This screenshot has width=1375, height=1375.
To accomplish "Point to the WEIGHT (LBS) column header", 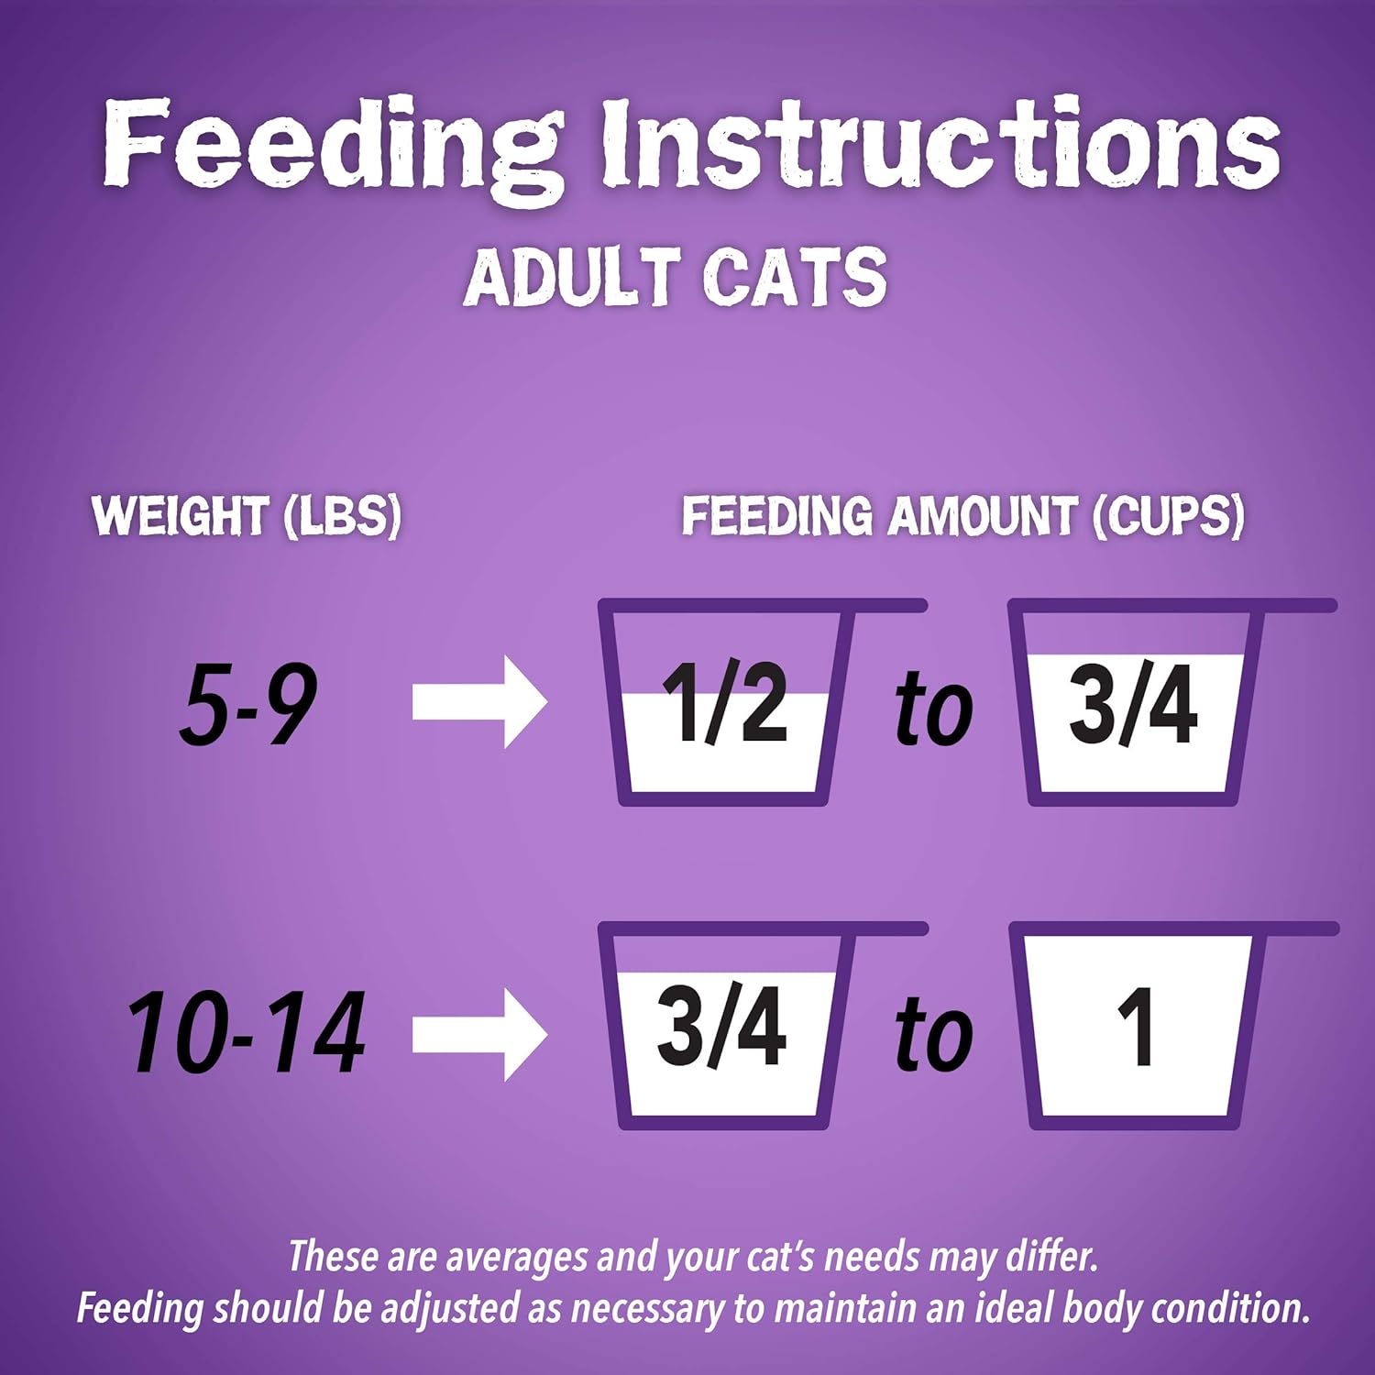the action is click(247, 515).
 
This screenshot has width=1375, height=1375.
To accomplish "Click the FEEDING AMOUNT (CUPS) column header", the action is click(962, 515).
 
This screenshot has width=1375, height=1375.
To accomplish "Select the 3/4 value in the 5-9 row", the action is click(1133, 704).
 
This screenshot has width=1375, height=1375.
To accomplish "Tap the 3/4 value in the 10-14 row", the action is click(721, 1027).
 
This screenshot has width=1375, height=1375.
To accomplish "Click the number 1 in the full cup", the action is click(1137, 1027).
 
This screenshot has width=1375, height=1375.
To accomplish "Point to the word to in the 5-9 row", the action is click(933, 708).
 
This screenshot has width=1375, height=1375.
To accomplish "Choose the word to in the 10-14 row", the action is click(933, 1034).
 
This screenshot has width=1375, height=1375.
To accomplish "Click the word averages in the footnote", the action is click(515, 1258).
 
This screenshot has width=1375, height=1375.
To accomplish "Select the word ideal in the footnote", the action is click(1010, 1307).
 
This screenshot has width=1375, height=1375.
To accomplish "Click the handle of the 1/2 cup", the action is click(889, 606).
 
